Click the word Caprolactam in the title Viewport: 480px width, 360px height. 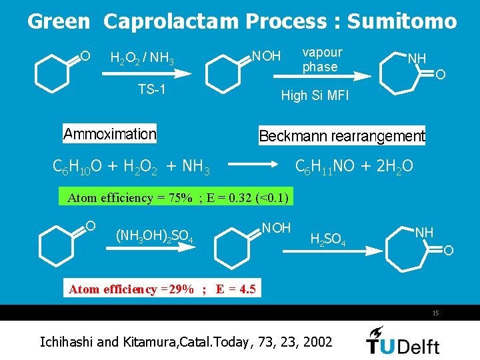(171, 21)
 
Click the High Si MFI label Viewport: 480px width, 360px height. (315, 96)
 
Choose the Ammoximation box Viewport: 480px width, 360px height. (110, 134)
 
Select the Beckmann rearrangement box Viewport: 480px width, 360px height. (341, 136)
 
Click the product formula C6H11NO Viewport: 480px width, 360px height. (325, 165)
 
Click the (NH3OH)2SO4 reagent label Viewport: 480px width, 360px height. (155, 235)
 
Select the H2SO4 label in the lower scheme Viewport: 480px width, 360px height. (328, 240)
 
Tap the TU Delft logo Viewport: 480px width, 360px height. (403, 341)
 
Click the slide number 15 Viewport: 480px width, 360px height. (435, 313)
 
